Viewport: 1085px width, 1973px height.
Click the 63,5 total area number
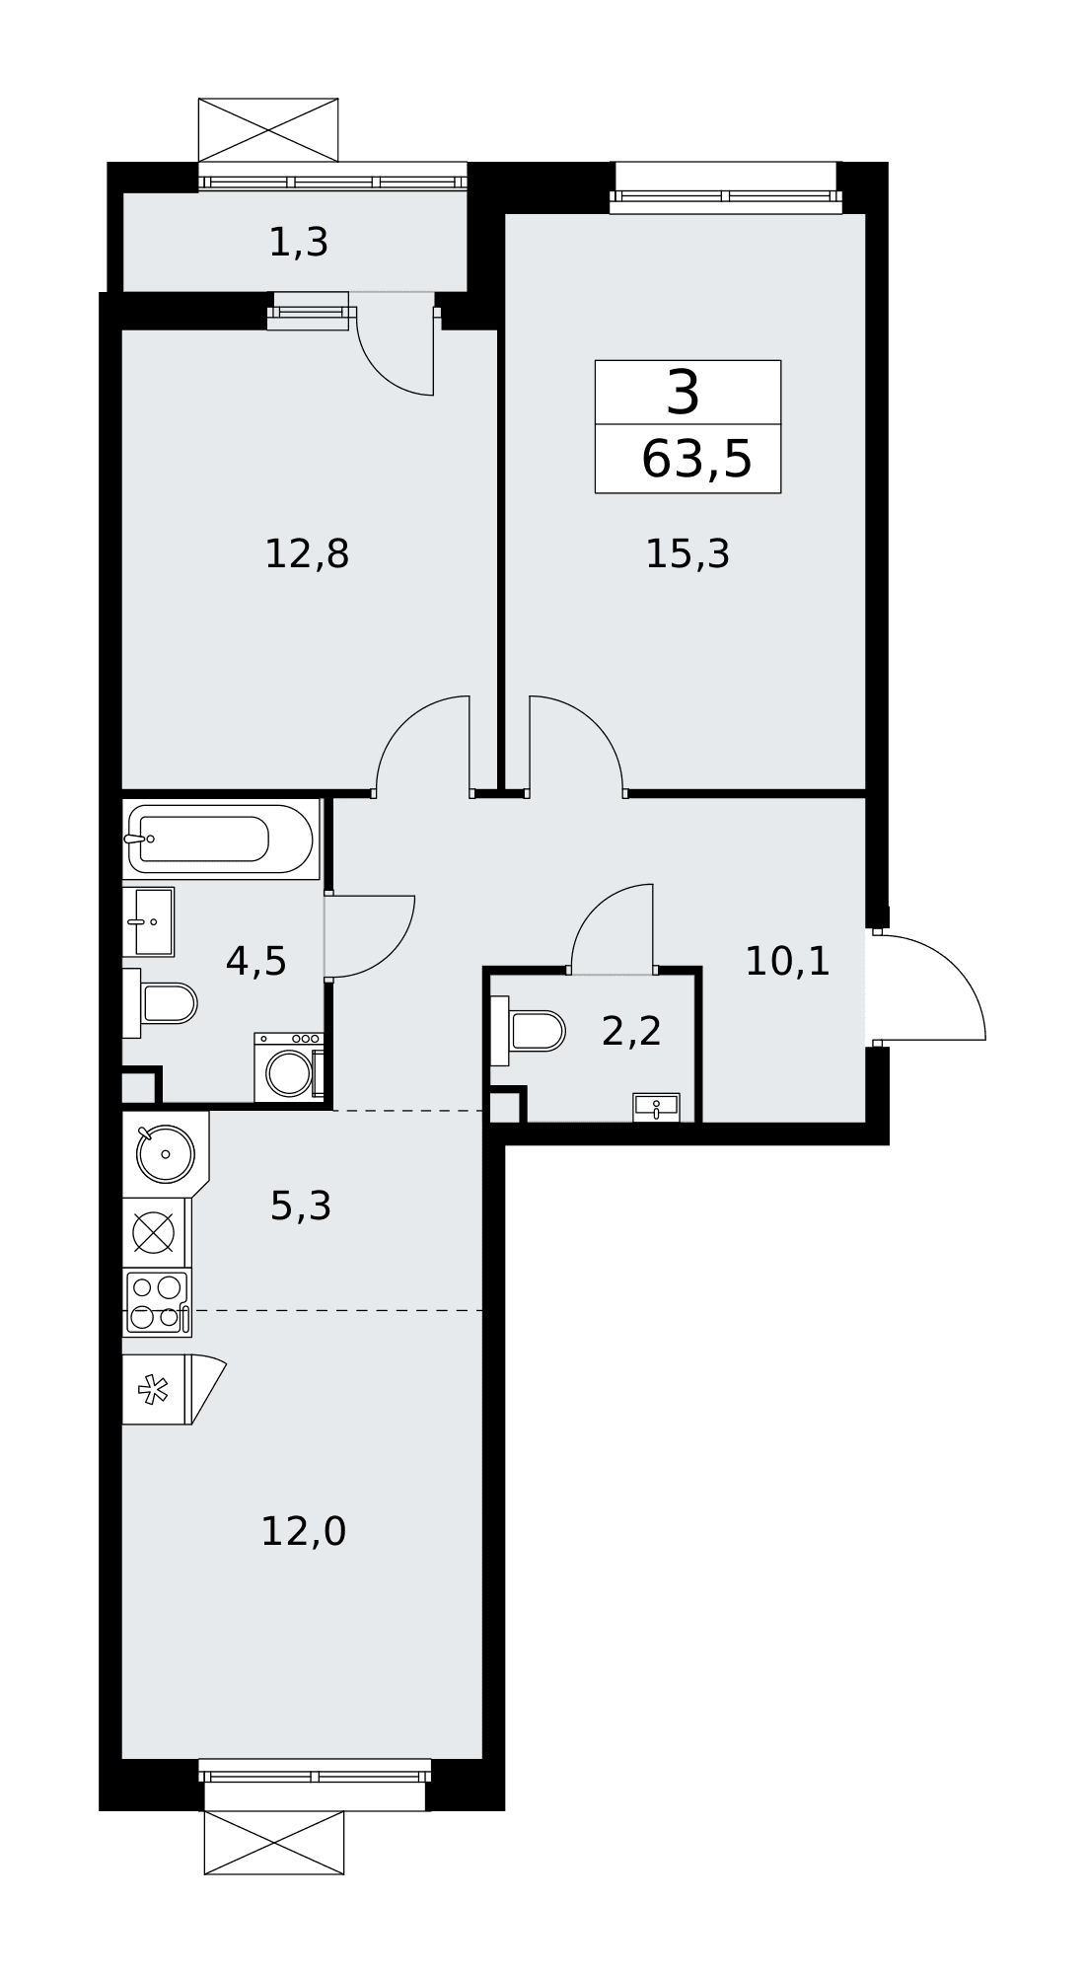[696, 460]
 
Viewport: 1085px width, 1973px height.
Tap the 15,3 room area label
[687, 553]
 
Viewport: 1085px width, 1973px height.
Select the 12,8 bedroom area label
[307, 553]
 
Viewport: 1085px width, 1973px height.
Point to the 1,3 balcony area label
[299, 242]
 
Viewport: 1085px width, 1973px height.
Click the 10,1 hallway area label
[787, 961]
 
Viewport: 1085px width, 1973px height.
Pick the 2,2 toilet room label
[631, 1031]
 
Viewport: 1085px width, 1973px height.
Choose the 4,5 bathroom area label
[256, 961]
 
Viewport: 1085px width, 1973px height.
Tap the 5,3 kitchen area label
[301, 1206]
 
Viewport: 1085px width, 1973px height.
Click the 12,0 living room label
[304, 1532]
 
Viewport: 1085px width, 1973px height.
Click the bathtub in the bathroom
[221, 840]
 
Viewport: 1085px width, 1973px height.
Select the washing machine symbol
[289, 1067]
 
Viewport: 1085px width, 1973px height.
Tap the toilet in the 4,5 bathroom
[160, 1003]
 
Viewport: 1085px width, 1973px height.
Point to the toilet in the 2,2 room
[528, 1031]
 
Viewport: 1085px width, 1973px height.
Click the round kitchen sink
[165, 1154]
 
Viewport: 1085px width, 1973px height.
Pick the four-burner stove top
[157, 1302]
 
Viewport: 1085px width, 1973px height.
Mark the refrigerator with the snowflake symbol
[156, 1390]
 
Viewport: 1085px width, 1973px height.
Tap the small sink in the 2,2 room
[656, 1108]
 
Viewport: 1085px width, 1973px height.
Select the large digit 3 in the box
[684, 392]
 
